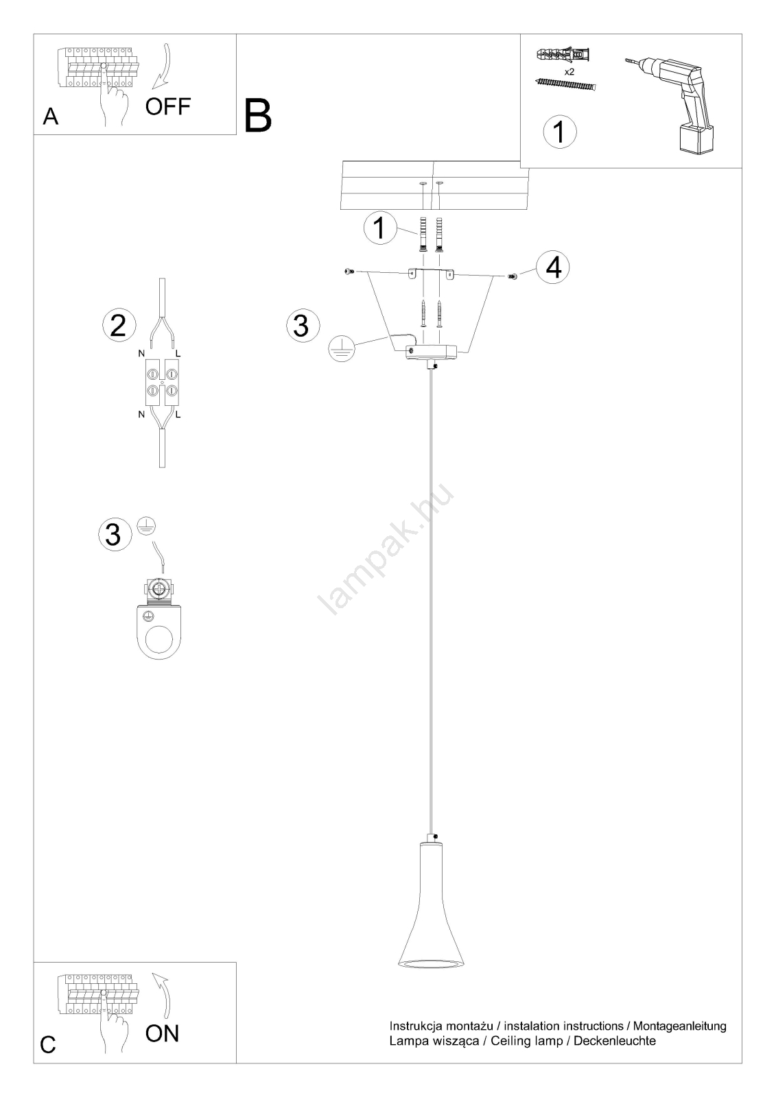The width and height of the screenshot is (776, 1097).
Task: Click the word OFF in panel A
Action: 167,107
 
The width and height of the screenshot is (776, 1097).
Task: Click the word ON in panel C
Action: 162,1033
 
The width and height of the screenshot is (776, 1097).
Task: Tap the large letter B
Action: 257,116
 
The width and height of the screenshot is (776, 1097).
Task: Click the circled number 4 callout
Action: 553,267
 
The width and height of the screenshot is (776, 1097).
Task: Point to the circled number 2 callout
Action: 119,324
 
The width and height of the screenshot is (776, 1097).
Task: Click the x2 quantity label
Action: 569,71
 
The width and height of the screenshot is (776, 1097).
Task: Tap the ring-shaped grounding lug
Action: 160,631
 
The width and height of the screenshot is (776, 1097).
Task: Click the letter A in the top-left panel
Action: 51,117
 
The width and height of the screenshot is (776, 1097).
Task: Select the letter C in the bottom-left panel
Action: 48,1044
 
